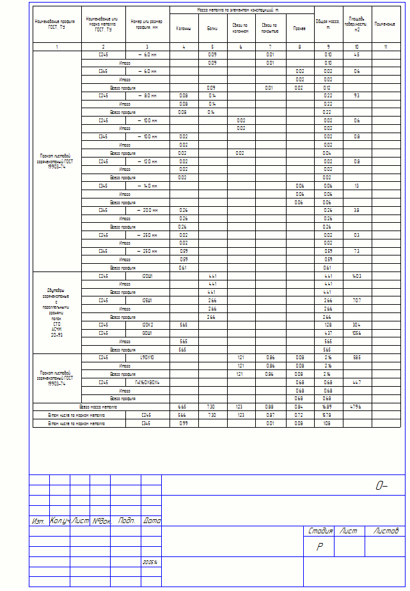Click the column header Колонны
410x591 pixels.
click(184, 29)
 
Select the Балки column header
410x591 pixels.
click(212, 29)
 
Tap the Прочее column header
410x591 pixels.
click(299, 29)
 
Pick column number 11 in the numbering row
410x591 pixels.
click(385, 47)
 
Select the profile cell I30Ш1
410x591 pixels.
click(147, 276)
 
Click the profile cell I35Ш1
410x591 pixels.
click(147, 300)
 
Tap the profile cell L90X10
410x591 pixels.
click(147, 357)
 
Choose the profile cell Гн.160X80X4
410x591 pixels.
click(147, 382)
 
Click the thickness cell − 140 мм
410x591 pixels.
click(147, 186)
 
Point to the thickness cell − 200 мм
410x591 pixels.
click(147, 210)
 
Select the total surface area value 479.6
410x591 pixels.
click(356, 407)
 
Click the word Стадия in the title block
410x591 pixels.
click(320, 531)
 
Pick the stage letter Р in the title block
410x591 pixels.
click(319, 547)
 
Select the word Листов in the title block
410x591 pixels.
click(386, 531)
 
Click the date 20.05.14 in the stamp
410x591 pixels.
click(151, 562)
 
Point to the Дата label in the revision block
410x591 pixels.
click(152, 521)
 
